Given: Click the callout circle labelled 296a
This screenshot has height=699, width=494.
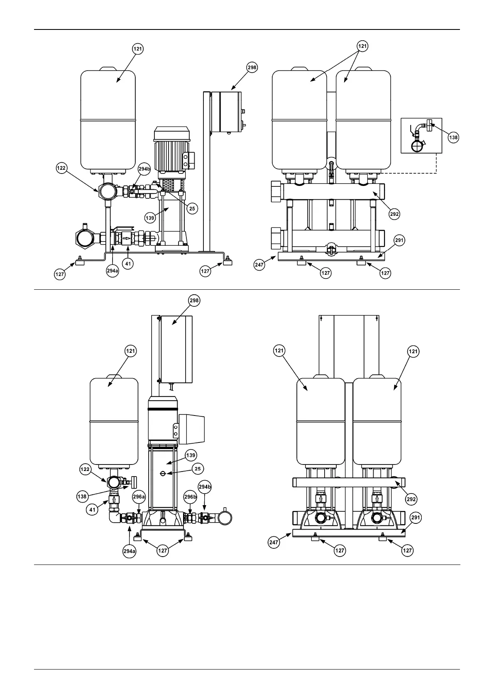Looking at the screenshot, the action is click(x=139, y=496).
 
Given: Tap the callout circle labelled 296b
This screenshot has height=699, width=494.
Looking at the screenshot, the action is click(x=191, y=496).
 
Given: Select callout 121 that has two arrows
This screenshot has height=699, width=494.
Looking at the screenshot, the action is click(x=362, y=46).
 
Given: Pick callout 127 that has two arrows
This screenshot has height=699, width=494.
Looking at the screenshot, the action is click(x=163, y=550).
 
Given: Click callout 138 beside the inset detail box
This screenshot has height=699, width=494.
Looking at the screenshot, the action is click(x=453, y=137).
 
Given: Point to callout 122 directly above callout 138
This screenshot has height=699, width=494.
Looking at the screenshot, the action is click(x=85, y=469).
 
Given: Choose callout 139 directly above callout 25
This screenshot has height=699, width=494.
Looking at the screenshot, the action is click(x=191, y=455).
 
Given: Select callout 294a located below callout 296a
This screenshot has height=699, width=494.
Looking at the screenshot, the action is click(x=129, y=551).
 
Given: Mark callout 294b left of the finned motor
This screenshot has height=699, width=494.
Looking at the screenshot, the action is click(x=144, y=169).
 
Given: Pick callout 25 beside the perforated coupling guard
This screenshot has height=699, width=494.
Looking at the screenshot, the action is click(x=192, y=208).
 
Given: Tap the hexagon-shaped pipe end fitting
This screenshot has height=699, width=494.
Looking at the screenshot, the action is click(x=85, y=237).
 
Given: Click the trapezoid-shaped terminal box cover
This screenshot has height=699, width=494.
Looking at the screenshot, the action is click(x=193, y=428).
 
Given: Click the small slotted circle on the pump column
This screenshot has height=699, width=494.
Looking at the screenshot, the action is click(x=163, y=474).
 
